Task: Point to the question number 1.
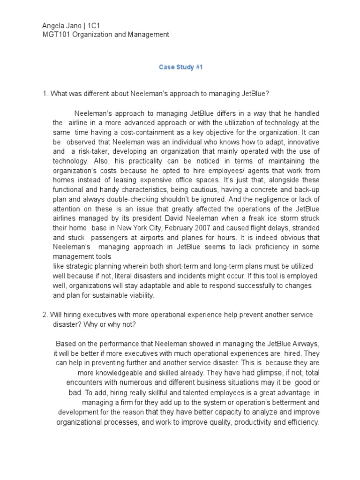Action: point(45,93)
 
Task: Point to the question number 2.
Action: point(45,314)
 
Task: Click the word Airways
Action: point(303,345)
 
